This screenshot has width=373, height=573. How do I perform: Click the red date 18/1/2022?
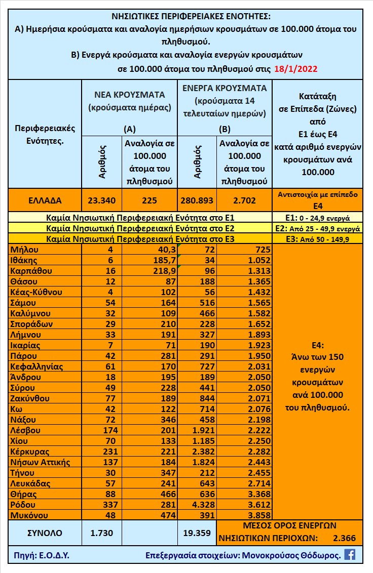[290, 69]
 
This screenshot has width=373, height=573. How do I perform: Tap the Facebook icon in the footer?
[350, 554]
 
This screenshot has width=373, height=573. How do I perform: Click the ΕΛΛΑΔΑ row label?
[45, 200]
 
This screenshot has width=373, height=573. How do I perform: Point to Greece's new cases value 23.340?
[102, 200]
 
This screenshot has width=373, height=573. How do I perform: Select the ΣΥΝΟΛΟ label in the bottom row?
[45, 533]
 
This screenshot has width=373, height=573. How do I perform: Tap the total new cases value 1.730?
[102, 533]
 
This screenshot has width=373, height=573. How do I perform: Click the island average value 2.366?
[345, 538]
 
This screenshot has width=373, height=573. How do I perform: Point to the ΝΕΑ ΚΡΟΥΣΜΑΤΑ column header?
[130, 95]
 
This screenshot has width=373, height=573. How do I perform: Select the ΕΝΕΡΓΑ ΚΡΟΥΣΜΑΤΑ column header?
[225, 88]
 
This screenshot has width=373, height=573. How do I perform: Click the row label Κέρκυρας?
[30, 452]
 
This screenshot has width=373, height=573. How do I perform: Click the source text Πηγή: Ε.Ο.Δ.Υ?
[40, 555]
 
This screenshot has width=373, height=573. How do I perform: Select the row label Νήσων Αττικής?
[40, 462]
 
